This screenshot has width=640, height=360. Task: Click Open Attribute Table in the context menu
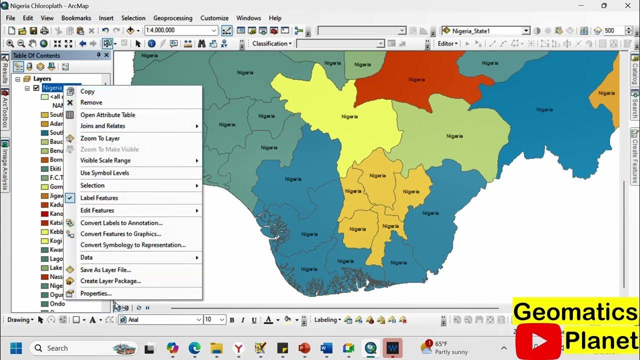pos(107,115)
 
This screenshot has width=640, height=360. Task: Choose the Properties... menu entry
pos(95,293)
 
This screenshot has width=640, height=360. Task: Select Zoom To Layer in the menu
pos(100,138)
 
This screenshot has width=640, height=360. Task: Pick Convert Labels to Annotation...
pos(121,223)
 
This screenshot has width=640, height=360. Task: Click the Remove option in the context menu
pos(91,102)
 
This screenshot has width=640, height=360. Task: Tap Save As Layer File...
pos(105,270)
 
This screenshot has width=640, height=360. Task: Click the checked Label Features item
pos(99,198)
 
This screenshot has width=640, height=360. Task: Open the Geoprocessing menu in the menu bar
pos(172,18)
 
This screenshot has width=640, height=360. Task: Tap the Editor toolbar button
pos(447,43)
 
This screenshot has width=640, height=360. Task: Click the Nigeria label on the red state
pos(416,79)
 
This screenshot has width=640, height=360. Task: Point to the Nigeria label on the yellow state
pos(349,116)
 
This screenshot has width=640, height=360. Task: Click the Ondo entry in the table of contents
pos(57,304)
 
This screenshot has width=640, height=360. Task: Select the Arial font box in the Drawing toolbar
pos(161,320)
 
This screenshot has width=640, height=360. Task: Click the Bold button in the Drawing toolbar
pos(232,320)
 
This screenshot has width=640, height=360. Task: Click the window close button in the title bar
pos(627,5)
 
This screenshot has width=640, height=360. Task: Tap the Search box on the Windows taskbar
pos(82,348)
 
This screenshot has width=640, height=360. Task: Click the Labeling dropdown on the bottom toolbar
pos(327,320)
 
